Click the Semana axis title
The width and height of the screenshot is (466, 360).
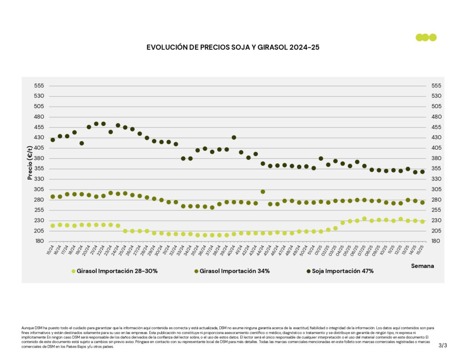pyautogui.click(x=422, y=266)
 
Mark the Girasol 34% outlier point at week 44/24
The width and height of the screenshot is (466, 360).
pyautogui.click(x=263, y=192)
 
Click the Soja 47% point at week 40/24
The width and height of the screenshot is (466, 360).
pyautogui.click(x=234, y=137)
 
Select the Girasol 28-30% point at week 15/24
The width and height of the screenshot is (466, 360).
pyautogui.click(x=53, y=226)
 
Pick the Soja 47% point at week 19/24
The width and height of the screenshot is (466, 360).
pyautogui.click(x=82, y=143)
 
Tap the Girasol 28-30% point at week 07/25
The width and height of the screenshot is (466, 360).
pyautogui.click(x=364, y=219)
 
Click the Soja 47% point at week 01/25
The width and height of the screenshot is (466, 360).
pyautogui.click(x=321, y=159)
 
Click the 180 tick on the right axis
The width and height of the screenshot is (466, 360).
pyautogui.click(x=436, y=241)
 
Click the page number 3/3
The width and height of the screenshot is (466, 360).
pyautogui.click(x=443, y=345)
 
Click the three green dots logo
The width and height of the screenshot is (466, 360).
pyautogui.click(x=426, y=37)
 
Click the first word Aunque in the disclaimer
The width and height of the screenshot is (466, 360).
pyautogui.click(x=28, y=328)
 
